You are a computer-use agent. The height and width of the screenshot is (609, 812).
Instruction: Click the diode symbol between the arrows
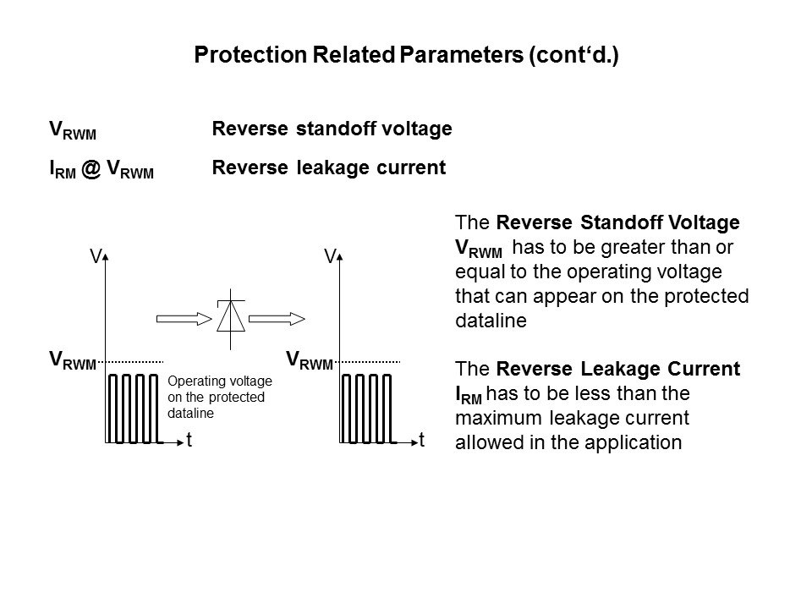coord(230,316)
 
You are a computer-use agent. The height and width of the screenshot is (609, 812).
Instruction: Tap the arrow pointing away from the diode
coord(277,318)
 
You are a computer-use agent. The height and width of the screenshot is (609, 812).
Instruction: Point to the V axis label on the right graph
coord(331,255)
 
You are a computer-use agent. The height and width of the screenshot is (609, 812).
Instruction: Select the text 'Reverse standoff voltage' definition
coord(332,129)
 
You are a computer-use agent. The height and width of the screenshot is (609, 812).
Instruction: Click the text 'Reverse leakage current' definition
coord(327,167)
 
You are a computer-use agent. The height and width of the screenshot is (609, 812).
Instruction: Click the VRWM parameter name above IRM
coord(73,131)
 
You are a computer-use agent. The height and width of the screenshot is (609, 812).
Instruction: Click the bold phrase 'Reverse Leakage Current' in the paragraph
coord(619,370)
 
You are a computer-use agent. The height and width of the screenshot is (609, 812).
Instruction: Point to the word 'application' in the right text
coord(636,442)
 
